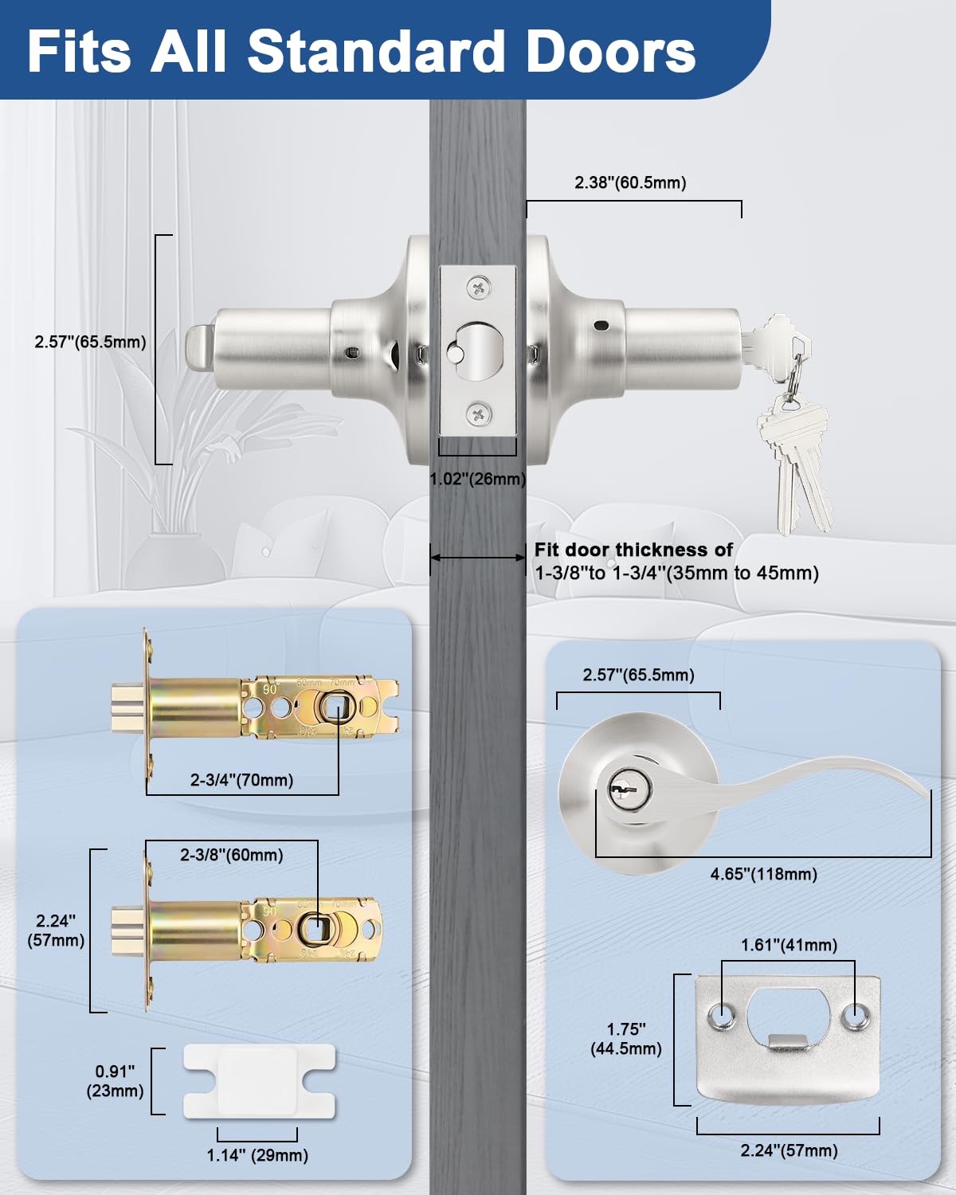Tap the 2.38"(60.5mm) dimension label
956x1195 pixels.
point(630,182)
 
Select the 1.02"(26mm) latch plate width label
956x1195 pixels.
point(477,479)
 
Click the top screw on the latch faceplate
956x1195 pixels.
point(478,288)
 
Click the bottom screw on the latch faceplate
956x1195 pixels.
point(478,413)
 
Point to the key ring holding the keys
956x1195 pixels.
point(791,385)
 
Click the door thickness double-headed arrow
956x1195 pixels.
point(477,558)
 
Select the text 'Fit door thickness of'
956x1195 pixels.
point(633,550)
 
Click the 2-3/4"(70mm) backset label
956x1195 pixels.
point(241,780)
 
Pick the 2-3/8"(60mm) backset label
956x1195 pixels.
point(231,855)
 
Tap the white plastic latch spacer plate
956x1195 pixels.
point(259,1081)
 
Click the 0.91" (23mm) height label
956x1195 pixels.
point(115,1081)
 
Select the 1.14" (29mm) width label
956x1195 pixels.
point(257,1155)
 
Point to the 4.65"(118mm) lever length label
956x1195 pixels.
point(763,874)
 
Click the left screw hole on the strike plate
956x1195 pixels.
point(723,1016)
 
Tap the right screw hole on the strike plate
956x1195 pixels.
point(854,1016)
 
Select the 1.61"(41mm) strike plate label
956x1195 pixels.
point(789,945)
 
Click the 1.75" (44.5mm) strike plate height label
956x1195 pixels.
point(626,1039)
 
